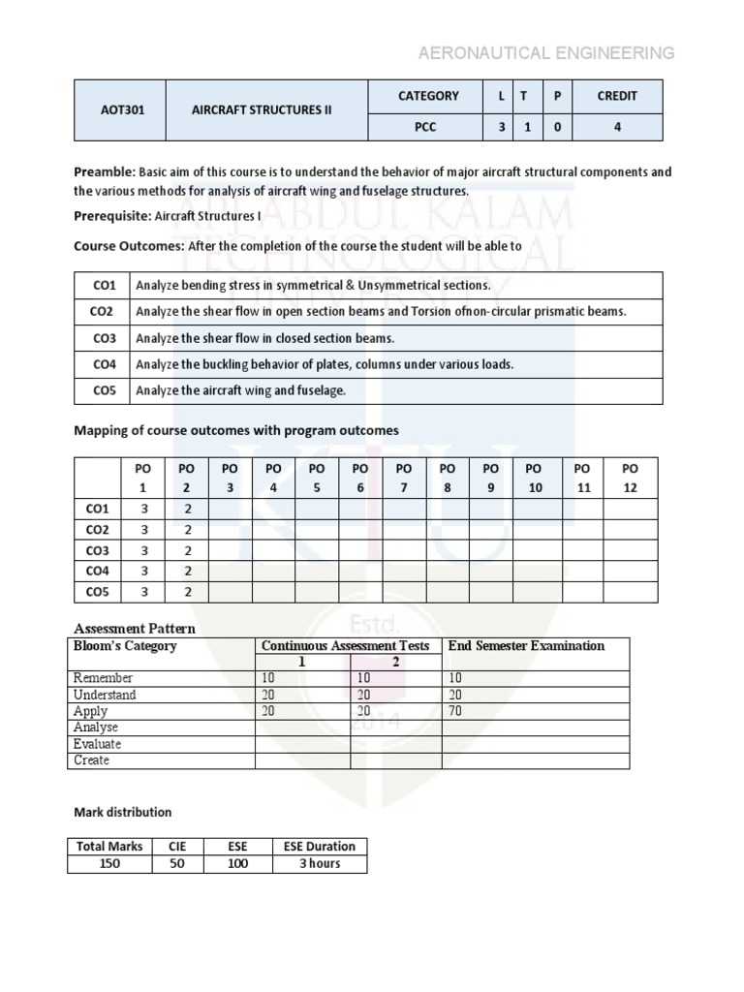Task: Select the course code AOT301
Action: click(121, 110)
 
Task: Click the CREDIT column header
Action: click(617, 96)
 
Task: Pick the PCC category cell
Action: click(428, 127)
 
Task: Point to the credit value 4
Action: click(617, 127)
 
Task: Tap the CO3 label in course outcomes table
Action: click(104, 338)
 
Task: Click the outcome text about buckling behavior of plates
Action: click(325, 364)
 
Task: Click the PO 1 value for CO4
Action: click(144, 571)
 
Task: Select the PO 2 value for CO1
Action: click(188, 509)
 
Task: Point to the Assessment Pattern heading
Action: click(135, 629)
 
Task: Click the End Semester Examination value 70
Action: click(453, 711)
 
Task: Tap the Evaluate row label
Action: click(97, 744)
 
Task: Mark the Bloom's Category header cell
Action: click(125, 646)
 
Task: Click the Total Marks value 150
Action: click(110, 863)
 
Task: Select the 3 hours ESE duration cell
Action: click(319, 863)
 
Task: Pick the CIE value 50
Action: click(176, 863)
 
